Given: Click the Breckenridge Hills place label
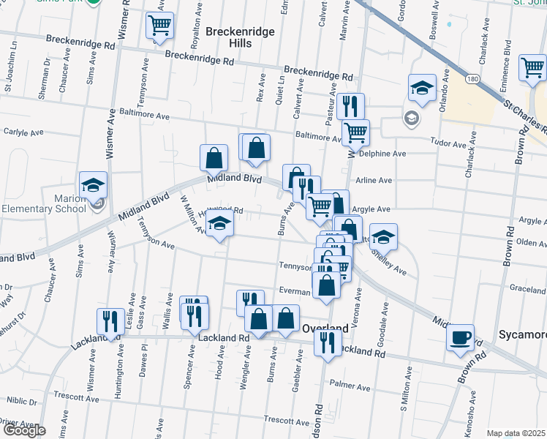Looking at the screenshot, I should [229, 37].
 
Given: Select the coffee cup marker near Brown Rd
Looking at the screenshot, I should [460, 338].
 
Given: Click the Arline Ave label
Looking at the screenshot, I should [373, 181].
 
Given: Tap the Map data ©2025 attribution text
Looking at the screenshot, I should [516, 433].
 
